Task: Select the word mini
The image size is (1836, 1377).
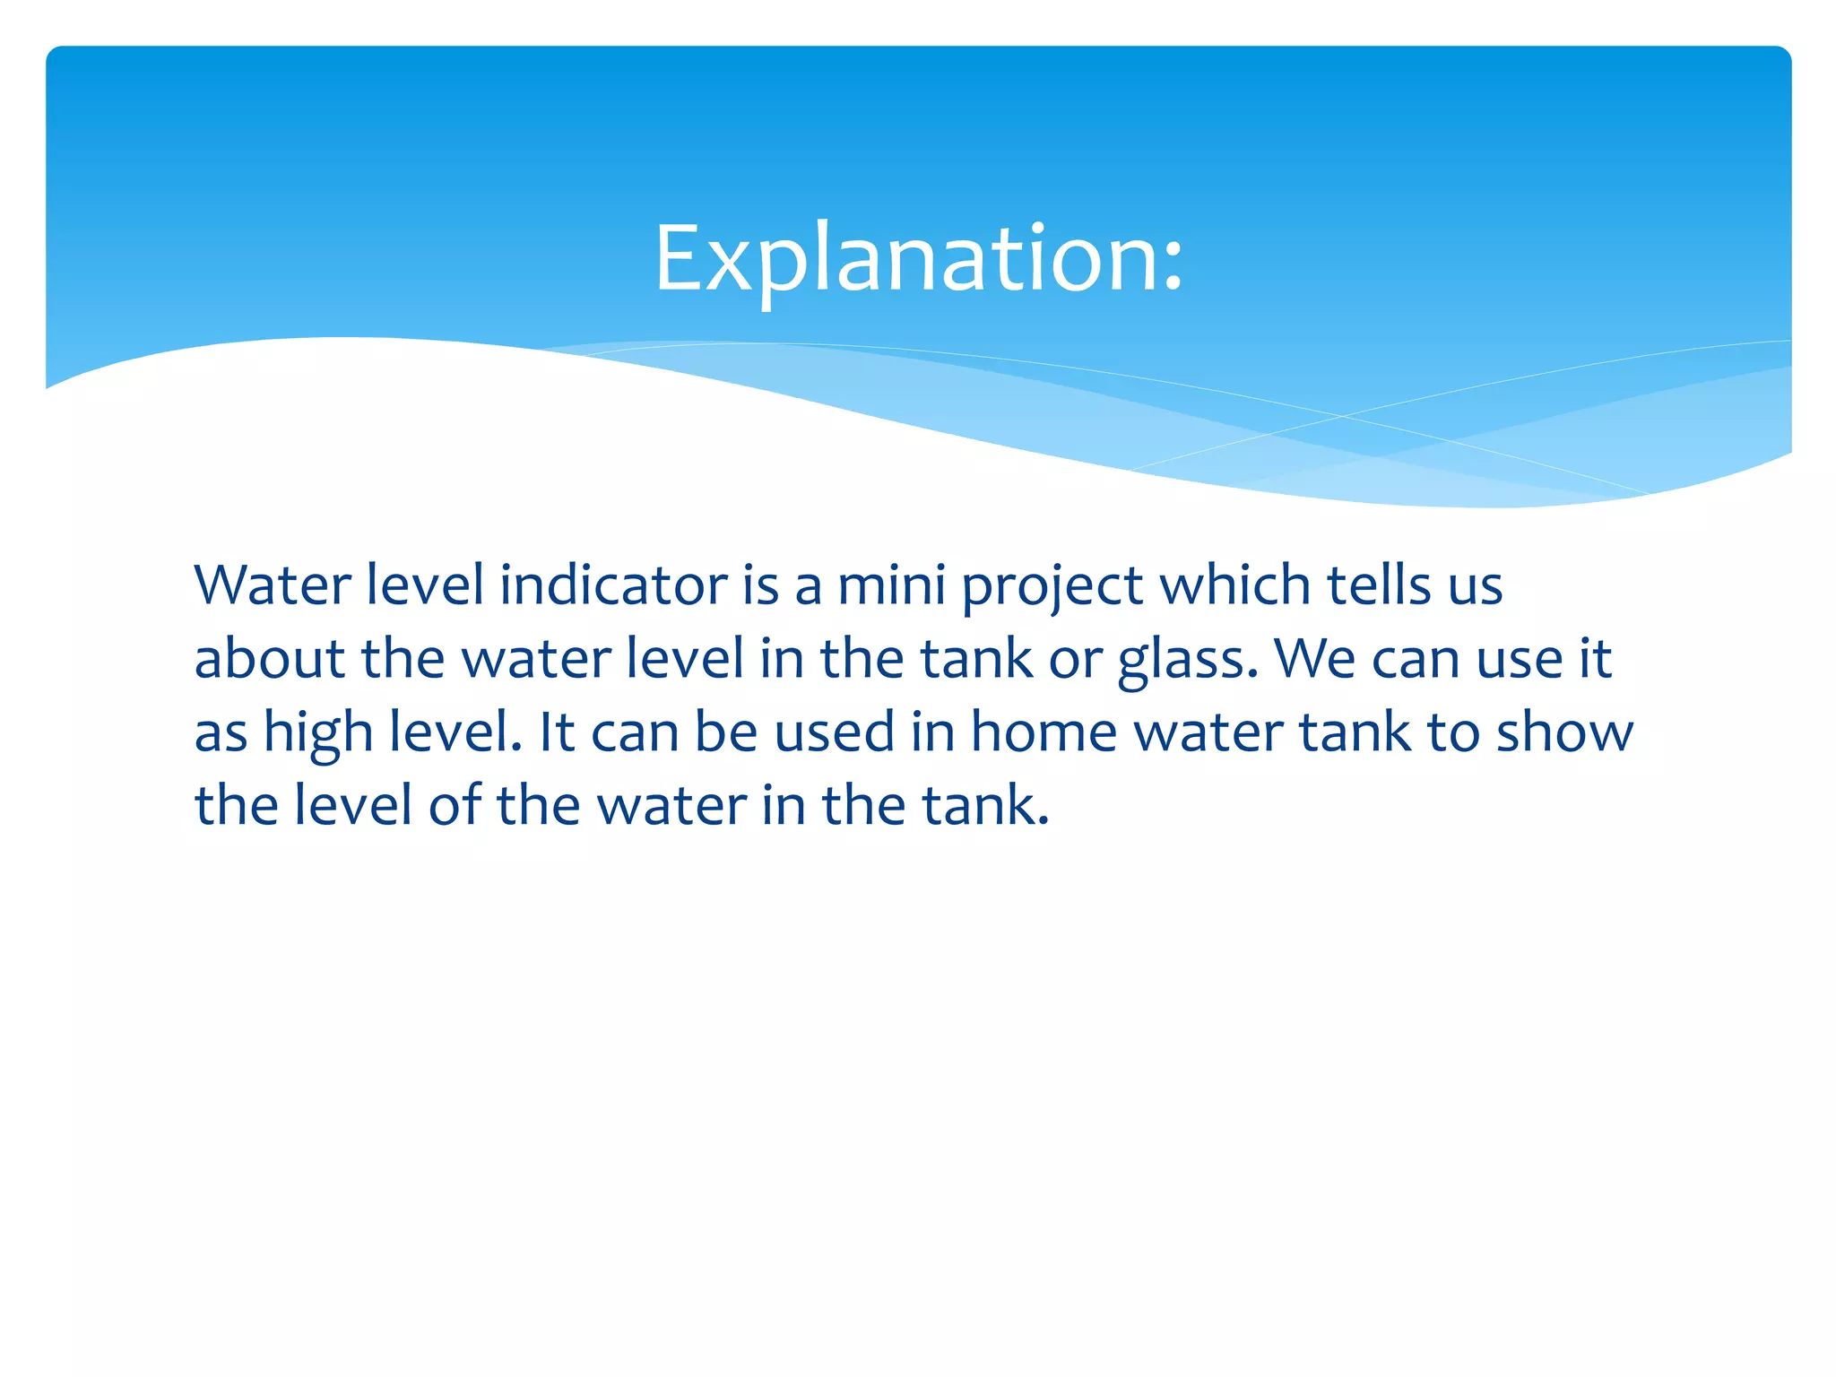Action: click(891, 586)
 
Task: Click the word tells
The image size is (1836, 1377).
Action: click(1378, 586)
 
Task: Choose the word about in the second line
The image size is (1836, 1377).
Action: click(269, 660)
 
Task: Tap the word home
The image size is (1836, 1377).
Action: click(1044, 733)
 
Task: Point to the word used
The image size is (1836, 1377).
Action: click(834, 733)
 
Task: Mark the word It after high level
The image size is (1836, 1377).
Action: click(555, 733)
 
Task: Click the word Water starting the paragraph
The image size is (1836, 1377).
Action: click(273, 586)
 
